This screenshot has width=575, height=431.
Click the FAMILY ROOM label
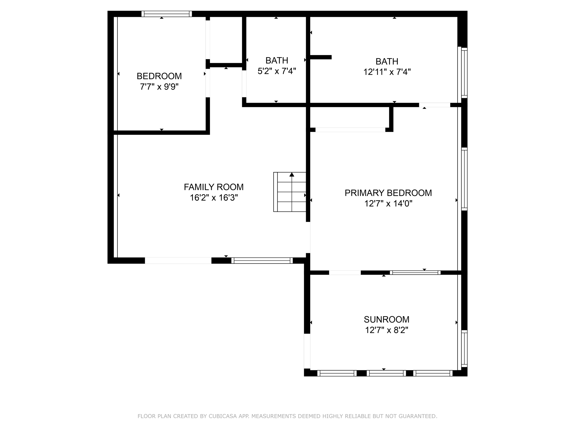pyautogui.click(x=214, y=187)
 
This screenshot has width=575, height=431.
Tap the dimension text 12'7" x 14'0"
pyautogui.click(x=388, y=203)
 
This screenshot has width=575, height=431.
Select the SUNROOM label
pyautogui.click(x=386, y=319)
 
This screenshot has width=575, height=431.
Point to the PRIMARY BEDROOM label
pyautogui.click(x=388, y=193)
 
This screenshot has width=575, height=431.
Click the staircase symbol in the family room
pyautogui.click(x=290, y=192)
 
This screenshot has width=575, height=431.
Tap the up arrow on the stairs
pyautogui.click(x=292, y=175)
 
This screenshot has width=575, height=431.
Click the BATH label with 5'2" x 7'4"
pyautogui.click(x=277, y=60)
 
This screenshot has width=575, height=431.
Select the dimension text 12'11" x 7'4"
pyautogui.click(x=387, y=72)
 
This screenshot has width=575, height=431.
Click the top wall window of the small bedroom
pyautogui.click(x=167, y=14)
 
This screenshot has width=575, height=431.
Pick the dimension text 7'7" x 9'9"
pyautogui.click(x=159, y=87)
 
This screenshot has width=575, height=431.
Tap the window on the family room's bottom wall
pyautogui.click(x=262, y=260)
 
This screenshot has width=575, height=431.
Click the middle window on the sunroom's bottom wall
pyautogui.click(x=386, y=373)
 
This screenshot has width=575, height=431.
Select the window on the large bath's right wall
pyautogui.click(x=464, y=73)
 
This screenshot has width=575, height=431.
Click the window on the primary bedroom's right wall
pyautogui.click(x=464, y=179)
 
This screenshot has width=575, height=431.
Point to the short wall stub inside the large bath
pyautogui.click(x=321, y=57)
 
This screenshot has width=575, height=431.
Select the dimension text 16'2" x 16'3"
pyautogui.click(x=214, y=198)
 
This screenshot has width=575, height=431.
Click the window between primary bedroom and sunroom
pyautogui.click(x=415, y=272)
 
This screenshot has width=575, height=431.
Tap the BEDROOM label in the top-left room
pyautogui.click(x=159, y=76)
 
